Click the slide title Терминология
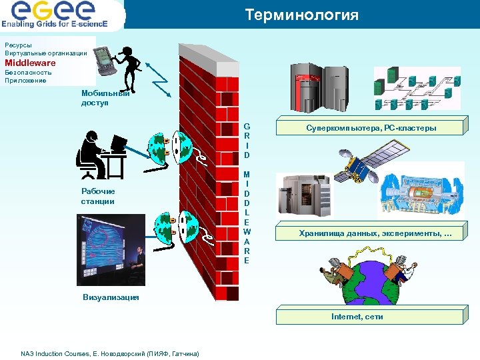tap(301, 15)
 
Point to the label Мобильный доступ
tap(104, 98)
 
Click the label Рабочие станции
tap(98, 196)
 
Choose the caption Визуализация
tap(111, 297)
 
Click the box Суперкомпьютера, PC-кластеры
tap(371, 127)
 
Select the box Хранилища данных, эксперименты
tap(374, 233)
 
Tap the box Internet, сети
tap(357, 317)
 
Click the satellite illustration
tap(357, 167)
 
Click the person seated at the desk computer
tap(100, 155)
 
